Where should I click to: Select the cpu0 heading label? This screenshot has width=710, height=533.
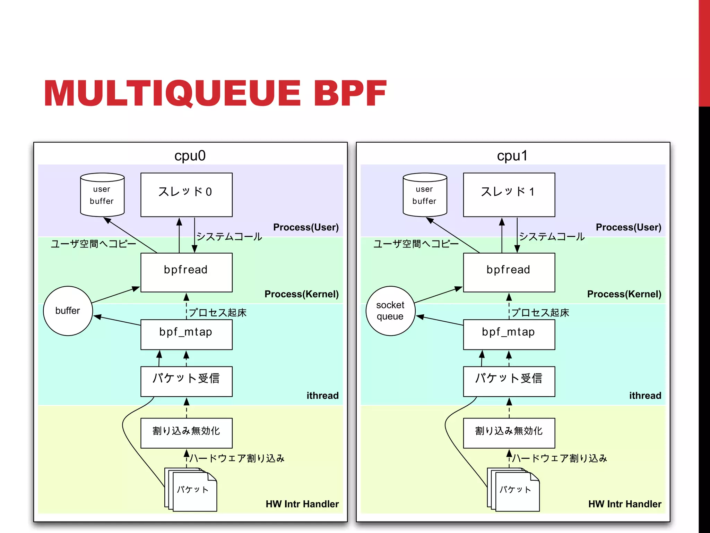point(190,155)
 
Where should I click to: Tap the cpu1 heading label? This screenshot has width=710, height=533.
point(512,155)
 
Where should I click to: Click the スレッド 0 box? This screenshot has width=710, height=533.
point(186,195)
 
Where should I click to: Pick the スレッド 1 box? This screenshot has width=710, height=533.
point(509,195)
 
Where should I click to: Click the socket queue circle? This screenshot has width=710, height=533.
point(390,311)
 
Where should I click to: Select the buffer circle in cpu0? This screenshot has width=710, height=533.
point(68,311)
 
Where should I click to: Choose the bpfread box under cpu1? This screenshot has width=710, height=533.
point(509,272)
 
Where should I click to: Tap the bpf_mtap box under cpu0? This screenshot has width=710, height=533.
point(186,334)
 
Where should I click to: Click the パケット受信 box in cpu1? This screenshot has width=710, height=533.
point(509,381)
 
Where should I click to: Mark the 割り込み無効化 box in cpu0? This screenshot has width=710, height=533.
point(186,433)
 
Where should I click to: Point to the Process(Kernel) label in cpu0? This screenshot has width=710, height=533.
point(301,294)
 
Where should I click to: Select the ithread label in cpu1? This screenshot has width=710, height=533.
point(645,396)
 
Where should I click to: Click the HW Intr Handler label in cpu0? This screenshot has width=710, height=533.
point(302,504)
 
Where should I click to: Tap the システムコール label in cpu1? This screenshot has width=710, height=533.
point(552,237)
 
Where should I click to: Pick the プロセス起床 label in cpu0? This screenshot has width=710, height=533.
point(218,313)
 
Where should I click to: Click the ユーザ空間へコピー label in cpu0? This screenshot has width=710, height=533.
point(93,244)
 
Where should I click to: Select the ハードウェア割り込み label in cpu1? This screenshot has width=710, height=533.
point(560,458)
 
